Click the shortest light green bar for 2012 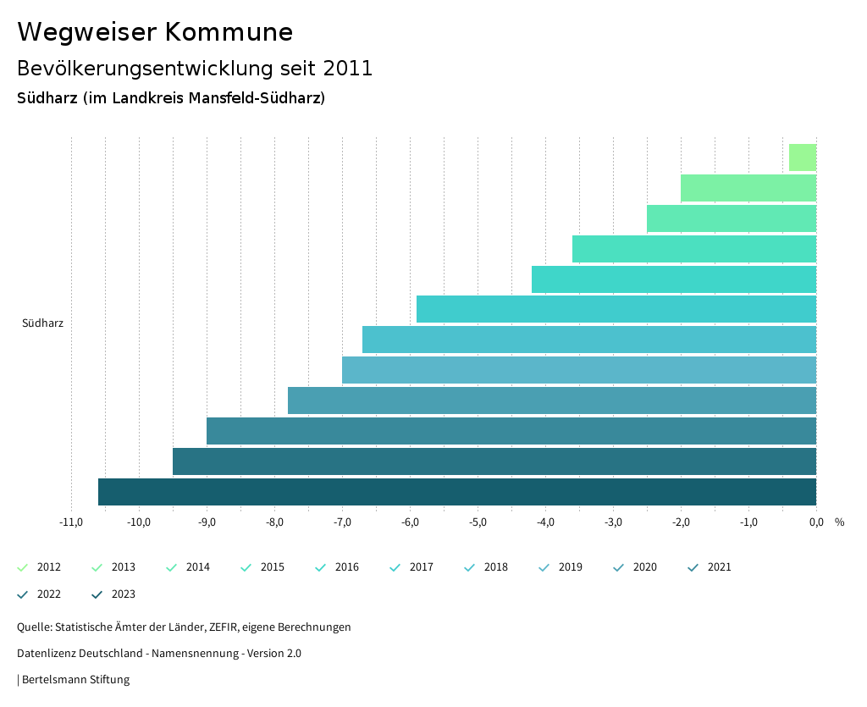803,157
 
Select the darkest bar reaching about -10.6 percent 457,492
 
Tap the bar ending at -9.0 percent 511,431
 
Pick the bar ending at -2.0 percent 748,188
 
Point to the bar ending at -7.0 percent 579,370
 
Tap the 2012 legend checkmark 23,567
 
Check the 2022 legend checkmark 23,594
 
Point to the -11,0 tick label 71,522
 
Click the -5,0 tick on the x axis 478,522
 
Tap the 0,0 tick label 816,522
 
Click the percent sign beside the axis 839,522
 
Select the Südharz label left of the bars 42,323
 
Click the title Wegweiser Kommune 155,32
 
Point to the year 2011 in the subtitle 348,69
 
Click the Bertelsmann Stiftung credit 75,679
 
